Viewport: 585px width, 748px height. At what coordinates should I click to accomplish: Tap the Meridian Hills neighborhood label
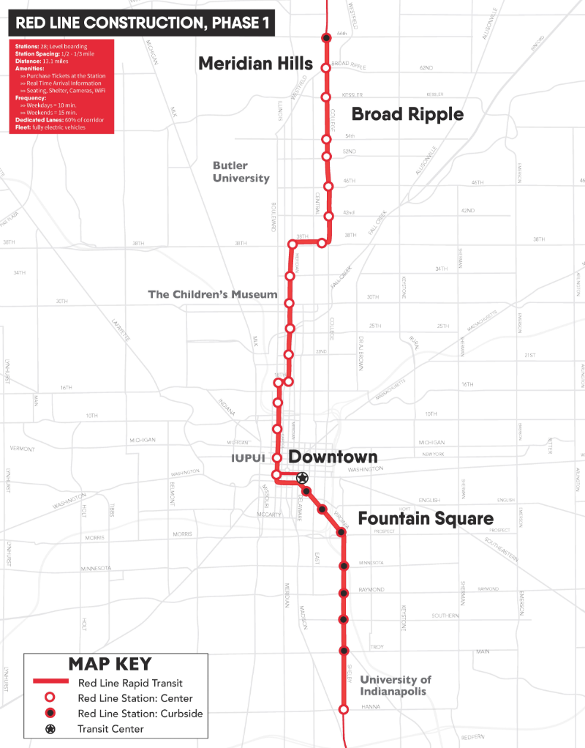255,64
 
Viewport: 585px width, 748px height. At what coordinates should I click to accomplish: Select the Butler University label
241,172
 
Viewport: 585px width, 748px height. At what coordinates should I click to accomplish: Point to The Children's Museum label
213,294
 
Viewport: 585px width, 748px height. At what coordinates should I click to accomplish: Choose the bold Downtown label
333,457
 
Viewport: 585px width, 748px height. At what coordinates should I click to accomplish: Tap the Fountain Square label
426,519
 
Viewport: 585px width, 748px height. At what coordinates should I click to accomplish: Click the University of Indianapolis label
396,686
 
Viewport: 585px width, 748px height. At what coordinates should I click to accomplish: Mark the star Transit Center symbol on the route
301,477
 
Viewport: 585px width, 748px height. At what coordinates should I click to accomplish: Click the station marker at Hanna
344,709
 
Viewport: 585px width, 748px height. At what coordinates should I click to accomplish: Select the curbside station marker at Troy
344,650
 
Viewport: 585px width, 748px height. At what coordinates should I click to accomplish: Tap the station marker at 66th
327,38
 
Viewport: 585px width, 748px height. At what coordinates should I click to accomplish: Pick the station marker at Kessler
327,96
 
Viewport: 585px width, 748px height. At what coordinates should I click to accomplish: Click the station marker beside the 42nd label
329,216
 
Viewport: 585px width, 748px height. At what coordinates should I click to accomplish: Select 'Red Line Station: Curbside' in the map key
140,713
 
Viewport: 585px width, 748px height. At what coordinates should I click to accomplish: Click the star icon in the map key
51,729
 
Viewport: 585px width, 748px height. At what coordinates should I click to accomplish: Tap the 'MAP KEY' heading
110,664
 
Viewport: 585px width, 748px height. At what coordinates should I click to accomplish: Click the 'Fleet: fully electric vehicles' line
50,127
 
